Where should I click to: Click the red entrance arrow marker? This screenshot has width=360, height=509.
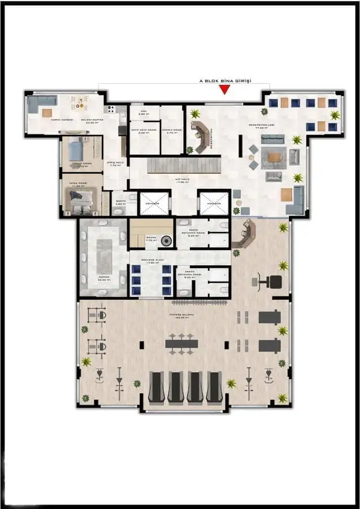225,89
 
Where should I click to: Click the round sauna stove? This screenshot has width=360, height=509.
166,240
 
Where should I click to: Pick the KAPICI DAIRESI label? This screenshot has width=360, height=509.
62,120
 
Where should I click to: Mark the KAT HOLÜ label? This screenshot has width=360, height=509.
182,180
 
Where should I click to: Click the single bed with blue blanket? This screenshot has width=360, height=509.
76,151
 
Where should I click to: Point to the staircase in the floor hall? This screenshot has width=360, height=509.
182,165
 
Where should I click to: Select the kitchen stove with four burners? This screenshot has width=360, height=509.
111,109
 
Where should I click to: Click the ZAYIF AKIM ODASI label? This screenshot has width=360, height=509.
143,129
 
